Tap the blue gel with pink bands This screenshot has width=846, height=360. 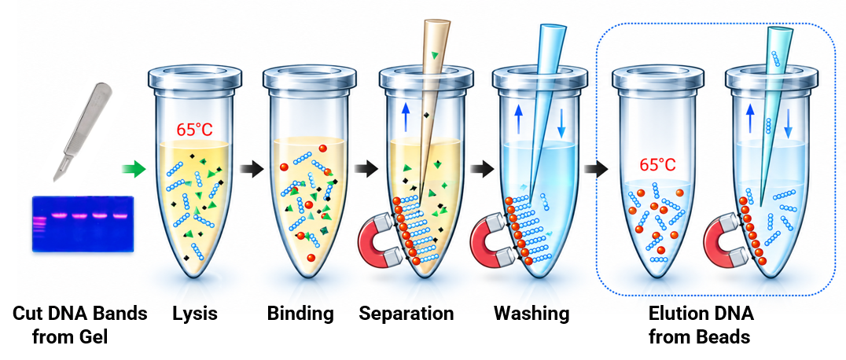click(82, 224)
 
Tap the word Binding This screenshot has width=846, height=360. click(300, 314)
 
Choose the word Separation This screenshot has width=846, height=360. click(406, 314)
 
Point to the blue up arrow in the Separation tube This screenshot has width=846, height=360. click(403, 118)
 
